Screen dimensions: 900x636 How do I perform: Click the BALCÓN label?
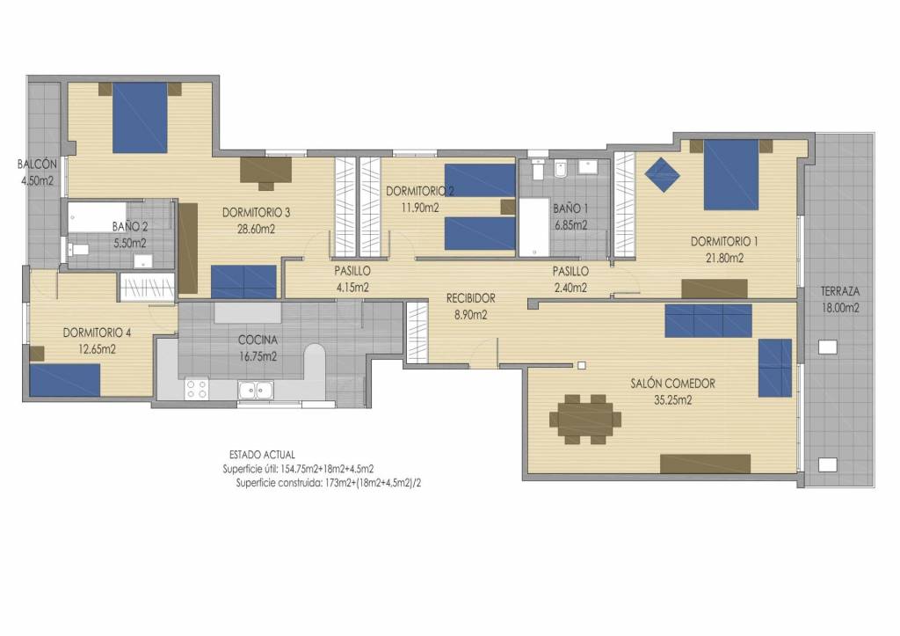tap(37, 164)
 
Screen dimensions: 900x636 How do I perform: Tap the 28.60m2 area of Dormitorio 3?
tap(256, 230)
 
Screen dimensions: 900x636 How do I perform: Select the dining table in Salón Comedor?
tap(584, 420)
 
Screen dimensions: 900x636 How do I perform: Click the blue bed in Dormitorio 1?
tap(731, 175)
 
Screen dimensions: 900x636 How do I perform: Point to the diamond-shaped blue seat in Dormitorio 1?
tap(663, 175)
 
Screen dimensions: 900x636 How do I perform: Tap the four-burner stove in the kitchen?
tap(196, 389)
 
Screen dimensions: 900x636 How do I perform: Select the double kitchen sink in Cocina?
tap(256, 390)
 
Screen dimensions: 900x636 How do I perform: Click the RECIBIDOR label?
tap(471, 298)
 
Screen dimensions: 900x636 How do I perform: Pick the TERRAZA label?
tap(839, 291)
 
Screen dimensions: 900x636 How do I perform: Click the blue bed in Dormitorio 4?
tap(65, 380)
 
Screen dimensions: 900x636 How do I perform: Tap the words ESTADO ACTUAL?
tap(262, 455)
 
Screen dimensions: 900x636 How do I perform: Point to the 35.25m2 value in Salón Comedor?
tap(672, 400)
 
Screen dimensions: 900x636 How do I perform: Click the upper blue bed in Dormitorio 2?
tap(480, 180)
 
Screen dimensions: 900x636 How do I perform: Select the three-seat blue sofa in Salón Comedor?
tap(708, 320)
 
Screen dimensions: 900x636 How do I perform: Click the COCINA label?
tap(258, 340)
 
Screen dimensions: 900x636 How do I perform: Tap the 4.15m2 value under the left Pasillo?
tap(352, 288)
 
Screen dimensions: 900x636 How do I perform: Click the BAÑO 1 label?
tap(570, 208)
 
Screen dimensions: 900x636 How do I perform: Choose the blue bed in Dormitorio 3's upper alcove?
tap(140, 118)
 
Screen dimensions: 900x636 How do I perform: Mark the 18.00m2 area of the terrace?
tap(840, 308)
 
